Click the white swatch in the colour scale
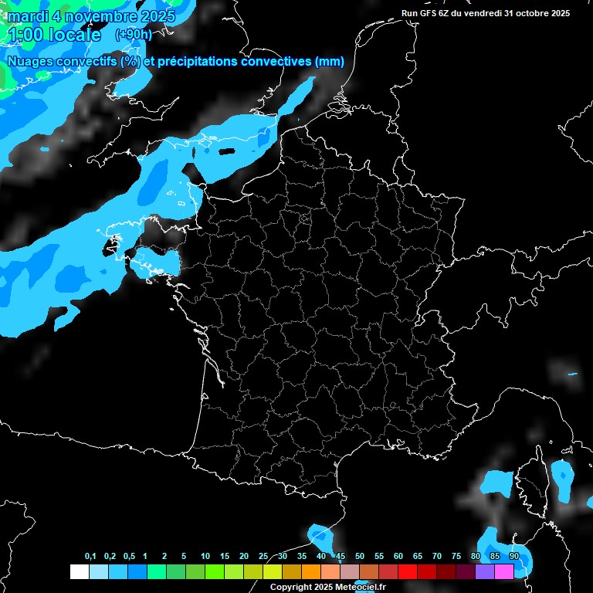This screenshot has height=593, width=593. click(79, 571)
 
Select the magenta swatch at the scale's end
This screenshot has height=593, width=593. click(504, 571)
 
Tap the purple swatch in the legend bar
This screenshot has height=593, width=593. click(485, 571)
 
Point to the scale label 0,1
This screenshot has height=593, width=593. click(90, 557)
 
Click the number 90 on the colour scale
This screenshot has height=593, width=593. click(513, 557)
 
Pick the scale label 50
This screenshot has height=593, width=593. click(360, 557)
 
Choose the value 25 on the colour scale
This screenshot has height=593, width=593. click(263, 557)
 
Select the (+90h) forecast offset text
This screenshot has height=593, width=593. click(133, 35)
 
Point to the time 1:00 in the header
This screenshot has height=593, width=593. click(23, 35)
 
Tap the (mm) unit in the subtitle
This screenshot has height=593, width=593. click(329, 62)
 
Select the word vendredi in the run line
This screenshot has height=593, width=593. click(482, 13)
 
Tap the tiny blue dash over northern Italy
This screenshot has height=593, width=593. click(572, 374)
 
